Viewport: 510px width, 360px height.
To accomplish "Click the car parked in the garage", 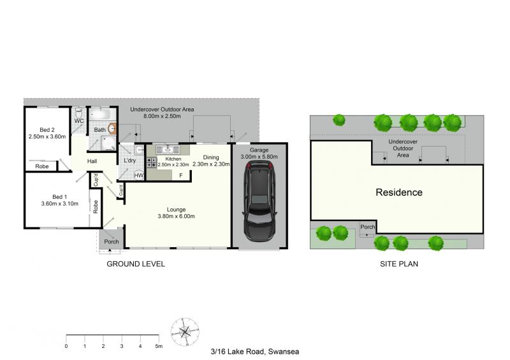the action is pyautogui.click(x=259, y=202).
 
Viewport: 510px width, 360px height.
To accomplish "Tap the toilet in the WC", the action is pyautogui.click(x=78, y=113).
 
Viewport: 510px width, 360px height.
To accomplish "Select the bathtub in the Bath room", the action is pyautogui.click(x=103, y=115).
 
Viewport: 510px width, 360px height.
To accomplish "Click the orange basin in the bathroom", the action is pyautogui.click(x=112, y=129).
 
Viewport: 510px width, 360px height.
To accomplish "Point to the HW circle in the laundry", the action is pyautogui.click(x=139, y=175).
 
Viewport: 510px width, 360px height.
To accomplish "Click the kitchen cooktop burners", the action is pyautogui.click(x=152, y=162).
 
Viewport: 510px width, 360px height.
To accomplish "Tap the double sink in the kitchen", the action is pyautogui.click(x=168, y=150).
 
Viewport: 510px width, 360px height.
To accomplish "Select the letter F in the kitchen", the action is pyautogui.click(x=181, y=176).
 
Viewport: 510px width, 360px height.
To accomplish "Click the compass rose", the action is pyautogui.click(x=185, y=332).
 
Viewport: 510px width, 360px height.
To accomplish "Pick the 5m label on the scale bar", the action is pyautogui.click(x=159, y=347).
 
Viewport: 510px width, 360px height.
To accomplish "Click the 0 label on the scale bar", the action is pyautogui.click(x=66, y=347).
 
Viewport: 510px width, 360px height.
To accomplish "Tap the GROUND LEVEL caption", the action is pyautogui.click(x=136, y=264).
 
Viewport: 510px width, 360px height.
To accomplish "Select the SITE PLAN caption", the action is pyautogui.click(x=399, y=264).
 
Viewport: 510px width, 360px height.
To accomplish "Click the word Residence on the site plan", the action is pyautogui.click(x=399, y=192).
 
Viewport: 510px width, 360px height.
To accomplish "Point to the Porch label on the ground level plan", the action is pyautogui.click(x=112, y=241).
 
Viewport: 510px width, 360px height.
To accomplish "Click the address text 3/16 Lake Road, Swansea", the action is pyautogui.click(x=255, y=352).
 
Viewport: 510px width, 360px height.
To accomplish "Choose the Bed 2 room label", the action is pyautogui.click(x=47, y=130).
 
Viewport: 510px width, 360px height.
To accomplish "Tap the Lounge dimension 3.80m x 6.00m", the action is pyautogui.click(x=177, y=216).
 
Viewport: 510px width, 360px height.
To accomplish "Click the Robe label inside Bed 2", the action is pyautogui.click(x=42, y=166).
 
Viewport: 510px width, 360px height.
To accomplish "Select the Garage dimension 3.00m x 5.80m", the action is pyautogui.click(x=259, y=157).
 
